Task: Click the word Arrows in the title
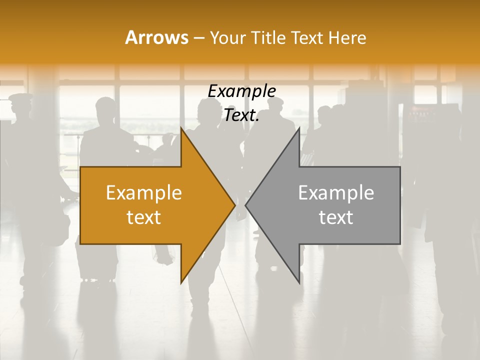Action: (x=157, y=37)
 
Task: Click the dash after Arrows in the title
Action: (x=198, y=38)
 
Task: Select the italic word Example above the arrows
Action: (x=241, y=91)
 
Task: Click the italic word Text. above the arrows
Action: (x=241, y=115)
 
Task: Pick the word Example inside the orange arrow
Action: (x=144, y=192)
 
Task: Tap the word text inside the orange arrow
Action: (x=144, y=217)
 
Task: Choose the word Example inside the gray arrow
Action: (x=336, y=192)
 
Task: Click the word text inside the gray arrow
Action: (x=336, y=217)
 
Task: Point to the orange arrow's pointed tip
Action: (x=235, y=205)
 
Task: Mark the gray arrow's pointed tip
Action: (x=245, y=205)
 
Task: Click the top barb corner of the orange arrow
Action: (x=181, y=128)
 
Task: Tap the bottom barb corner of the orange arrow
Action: (x=181, y=283)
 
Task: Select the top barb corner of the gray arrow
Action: (x=299, y=128)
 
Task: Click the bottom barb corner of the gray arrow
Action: (x=299, y=283)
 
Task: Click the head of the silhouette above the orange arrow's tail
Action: (x=105, y=107)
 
